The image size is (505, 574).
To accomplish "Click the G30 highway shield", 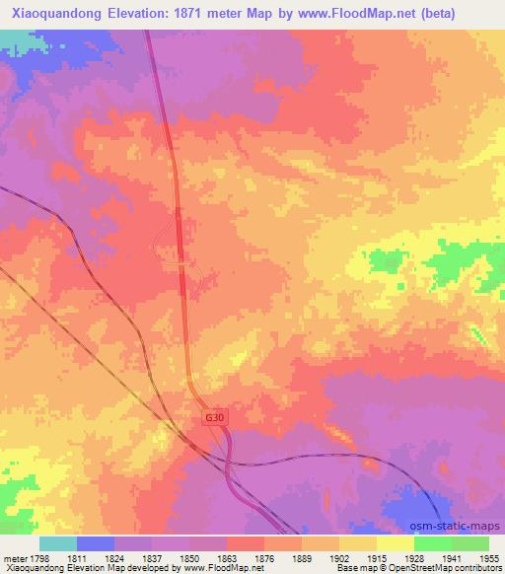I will [214, 418].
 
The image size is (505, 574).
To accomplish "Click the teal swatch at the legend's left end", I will [58, 543].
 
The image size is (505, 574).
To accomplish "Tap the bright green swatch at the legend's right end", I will [469, 543].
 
